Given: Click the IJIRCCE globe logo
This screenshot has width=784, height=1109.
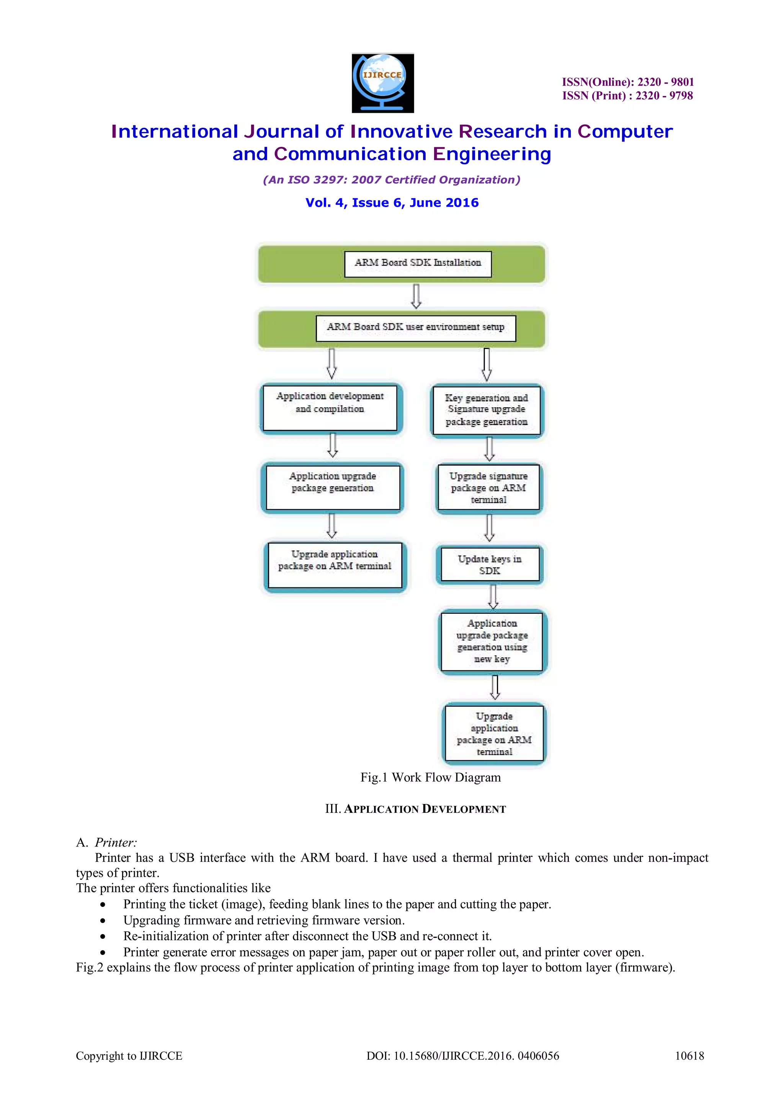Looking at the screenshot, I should (382, 83).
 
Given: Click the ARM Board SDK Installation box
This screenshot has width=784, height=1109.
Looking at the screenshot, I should (418, 264).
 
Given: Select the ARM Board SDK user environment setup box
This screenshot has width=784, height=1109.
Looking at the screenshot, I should (415, 328).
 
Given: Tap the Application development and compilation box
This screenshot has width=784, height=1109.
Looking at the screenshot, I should (330, 407).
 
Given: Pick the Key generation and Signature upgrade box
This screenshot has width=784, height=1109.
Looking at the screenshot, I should (487, 410).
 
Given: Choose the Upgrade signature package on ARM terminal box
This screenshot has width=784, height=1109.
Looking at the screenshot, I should (488, 488).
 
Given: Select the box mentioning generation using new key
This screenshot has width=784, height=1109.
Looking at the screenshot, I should (492, 641).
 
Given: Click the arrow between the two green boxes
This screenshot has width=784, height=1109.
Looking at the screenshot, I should (416, 296).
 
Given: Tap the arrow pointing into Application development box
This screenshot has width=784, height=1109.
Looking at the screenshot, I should (332, 363).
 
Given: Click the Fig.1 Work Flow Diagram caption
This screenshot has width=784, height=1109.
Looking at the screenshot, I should (430, 777).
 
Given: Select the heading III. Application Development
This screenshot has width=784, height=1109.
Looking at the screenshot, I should (415, 809).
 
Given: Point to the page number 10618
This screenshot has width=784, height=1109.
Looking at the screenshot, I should (689, 1056).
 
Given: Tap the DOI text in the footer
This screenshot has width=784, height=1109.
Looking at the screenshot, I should (462, 1056).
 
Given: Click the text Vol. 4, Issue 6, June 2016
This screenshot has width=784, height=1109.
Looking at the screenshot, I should (392, 203).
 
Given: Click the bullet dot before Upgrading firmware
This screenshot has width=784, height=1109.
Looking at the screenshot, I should (103, 921).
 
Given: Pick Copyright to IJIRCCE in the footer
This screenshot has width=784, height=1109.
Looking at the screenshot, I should (129, 1056).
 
